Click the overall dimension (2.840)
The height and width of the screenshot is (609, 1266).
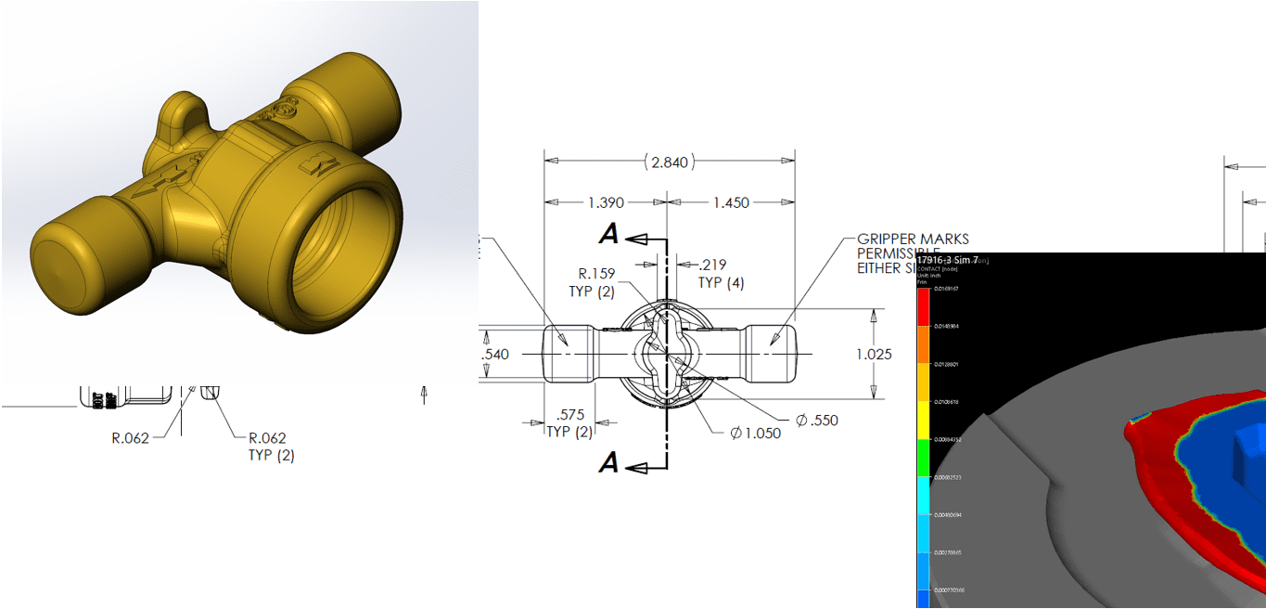tap(669, 162)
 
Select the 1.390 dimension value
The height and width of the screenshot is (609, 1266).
tap(605, 202)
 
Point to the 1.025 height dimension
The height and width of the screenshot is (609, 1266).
tap(875, 355)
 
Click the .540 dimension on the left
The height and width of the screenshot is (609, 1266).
tap(496, 355)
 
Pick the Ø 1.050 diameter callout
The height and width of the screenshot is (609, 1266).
tap(755, 434)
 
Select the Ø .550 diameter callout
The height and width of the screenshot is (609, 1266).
tap(816, 420)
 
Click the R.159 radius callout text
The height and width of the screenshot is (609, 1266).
tap(597, 274)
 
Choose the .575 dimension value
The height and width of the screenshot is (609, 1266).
tap(569, 415)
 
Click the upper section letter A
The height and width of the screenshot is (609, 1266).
tap(608, 236)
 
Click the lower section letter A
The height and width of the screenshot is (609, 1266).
tap(608, 462)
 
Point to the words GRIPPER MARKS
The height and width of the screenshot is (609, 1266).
tap(913, 240)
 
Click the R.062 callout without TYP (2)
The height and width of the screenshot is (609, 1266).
tap(130, 438)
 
